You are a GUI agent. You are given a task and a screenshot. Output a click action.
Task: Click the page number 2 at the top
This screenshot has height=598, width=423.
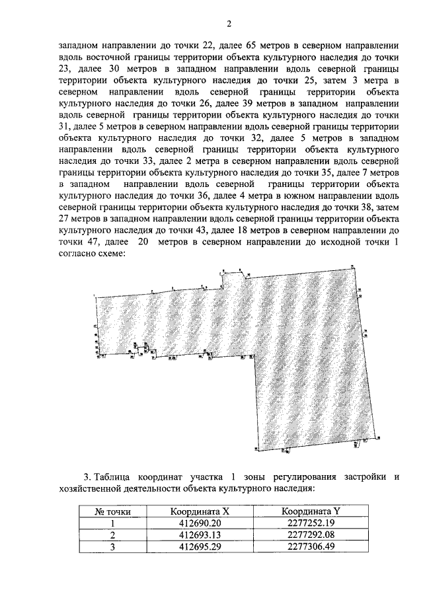(x=228, y=24)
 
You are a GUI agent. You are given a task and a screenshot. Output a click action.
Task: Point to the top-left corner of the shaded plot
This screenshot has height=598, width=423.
(x=98, y=297)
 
